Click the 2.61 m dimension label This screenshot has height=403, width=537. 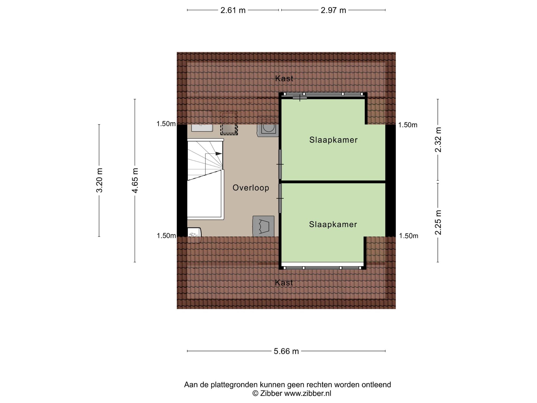pyautogui.click(x=233, y=10)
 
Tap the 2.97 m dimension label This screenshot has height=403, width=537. pyautogui.click(x=333, y=10)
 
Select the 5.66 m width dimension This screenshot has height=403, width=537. pyautogui.click(x=286, y=351)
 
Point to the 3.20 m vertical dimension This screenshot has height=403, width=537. pyautogui.click(x=99, y=180)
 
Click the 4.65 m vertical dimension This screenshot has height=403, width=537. pyautogui.click(x=135, y=180)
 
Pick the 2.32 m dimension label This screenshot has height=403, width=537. pyautogui.click(x=438, y=140)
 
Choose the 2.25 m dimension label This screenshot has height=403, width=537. pyautogui.click(x=438, y=222)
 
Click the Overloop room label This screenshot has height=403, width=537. pyautogui.click(x=251, y=188)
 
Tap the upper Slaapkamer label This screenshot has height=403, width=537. pyautogui.click(x=333, y=140)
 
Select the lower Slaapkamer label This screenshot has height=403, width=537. pyautogui.click(x=333, y=224)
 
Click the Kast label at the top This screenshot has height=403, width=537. pyautogui.click(x=284, y=78)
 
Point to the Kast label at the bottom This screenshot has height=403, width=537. pyautogui.click(x=284, y=283)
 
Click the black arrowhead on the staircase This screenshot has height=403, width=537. pyautogui.click(x=219, y=154)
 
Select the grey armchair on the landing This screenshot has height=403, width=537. pyautogui.click(x=264, y=226)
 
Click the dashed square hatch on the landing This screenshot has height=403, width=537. pyautogui.click(x=229, y=123)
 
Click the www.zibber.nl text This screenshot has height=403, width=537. pyautogui.click(x=308, y=393)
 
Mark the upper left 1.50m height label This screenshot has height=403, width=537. pyautogui.click(x=166, y=124)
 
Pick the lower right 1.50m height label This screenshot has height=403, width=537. pyautogui.click(x=409, y=236)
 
